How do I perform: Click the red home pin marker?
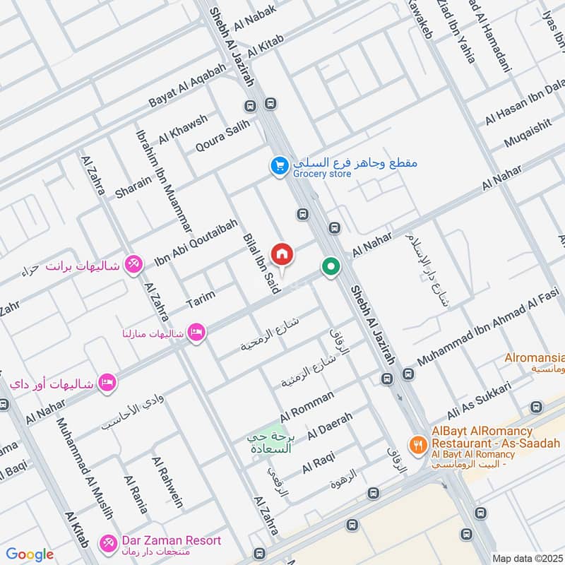[x=282, y=254]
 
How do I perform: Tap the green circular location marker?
[x=330, y=268]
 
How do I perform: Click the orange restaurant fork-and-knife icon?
[x=419, y=445]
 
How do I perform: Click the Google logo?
[x=30, y=554]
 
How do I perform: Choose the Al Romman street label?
[x=307, y=407]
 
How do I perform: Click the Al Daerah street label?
[x=330, y=424]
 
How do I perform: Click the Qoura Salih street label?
[x=222, y=137]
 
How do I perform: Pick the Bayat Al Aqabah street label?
[x=187, y=85]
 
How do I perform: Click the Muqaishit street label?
[x=528, y=132]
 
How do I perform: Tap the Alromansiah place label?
[x=534, y=357]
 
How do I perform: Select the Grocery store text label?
[x=322, y=173]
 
